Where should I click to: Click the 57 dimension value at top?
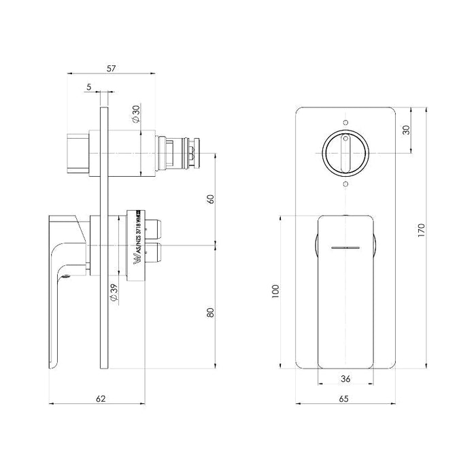(x=113, y=69)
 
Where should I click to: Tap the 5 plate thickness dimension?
(x=89, y=86)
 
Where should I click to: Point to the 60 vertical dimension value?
(x=210, y=199)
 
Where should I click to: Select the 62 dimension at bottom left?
(x=101, y=398)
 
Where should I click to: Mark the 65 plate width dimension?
(x=345, y=398)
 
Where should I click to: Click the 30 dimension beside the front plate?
(x=406, y=129)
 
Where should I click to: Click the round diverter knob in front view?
(x=345, y=153)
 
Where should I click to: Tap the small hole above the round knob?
(x=345, y=122)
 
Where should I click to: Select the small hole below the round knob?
(x=345, y=184)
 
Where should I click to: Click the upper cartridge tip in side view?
(x=194, y=154)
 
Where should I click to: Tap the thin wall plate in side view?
(x=103, y=238)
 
